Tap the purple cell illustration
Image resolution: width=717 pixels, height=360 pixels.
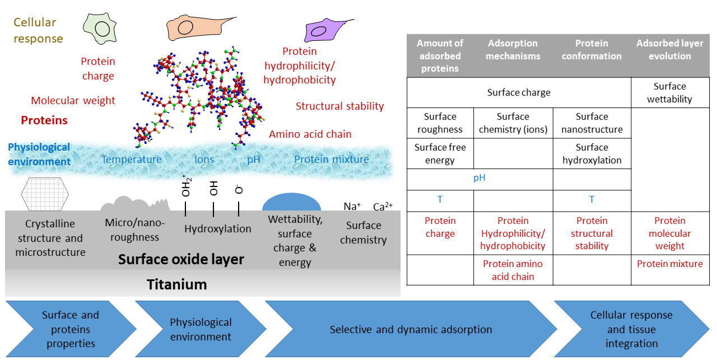click(x=326, y=30)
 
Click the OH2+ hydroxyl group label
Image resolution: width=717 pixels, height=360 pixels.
click(x=186, y=185)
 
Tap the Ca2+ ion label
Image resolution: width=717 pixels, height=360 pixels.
click(x=383, y=207)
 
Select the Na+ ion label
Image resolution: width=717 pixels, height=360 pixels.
click(x=352, y=207)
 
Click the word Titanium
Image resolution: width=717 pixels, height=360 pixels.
click(x=177, y=284)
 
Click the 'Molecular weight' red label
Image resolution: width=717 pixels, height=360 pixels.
click(x=73, y=101)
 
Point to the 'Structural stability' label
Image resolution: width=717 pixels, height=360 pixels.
click(x=339, y=106)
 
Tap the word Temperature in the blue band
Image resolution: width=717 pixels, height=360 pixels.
click(x=132, y=160)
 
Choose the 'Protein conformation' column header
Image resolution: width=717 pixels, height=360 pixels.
click(x=592, y=50)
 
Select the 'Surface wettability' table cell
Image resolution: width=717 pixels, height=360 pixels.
click(x=669, y=93)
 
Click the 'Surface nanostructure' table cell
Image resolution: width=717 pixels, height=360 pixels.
click(x=592, y=123)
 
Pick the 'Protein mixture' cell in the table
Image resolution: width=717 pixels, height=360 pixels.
click(x=669, y=264)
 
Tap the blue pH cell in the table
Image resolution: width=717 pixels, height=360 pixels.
click(x=479, y=178)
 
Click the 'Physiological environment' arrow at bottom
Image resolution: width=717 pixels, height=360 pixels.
click(x=201, y=329)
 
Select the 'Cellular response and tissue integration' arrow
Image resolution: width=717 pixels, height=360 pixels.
click(x=631, y=329)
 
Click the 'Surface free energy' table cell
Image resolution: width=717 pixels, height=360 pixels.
click(x=440, y=154)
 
